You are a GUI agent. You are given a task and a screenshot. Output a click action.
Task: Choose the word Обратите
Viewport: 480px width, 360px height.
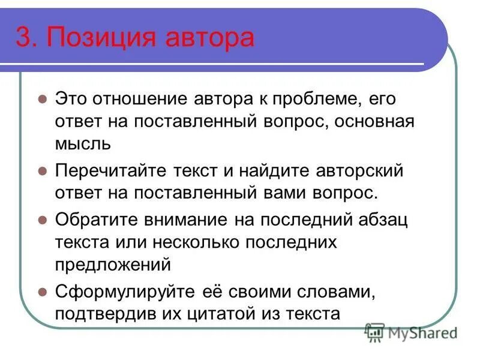click(95, 219)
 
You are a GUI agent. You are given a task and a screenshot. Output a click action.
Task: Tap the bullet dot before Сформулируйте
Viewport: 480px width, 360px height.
click(42, 292)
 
